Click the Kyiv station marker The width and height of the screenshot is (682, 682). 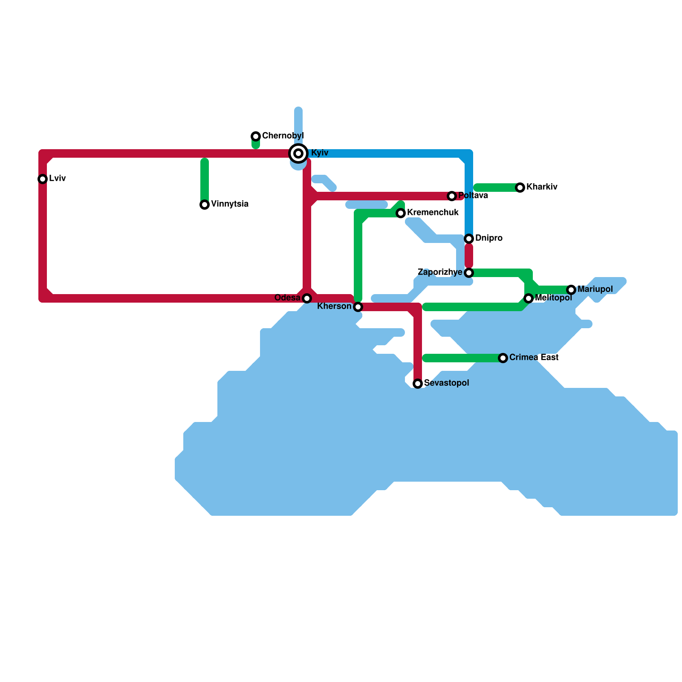tap(298, 153)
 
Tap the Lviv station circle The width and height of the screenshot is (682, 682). tap(43, 179)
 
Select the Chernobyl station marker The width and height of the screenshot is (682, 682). tap(256, 136)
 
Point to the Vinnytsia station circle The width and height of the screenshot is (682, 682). tap(205, 205)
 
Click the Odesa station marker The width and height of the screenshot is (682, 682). tap(307, 298)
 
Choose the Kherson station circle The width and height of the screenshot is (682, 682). tap(358, 307)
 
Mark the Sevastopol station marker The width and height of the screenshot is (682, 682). tap(418, 384)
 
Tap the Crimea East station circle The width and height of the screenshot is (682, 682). tap(503, 358)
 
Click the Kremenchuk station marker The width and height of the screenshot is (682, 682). tap(401, 213)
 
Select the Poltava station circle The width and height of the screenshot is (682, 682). tap(452, 196)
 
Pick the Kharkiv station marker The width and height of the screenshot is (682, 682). tap(520, 188)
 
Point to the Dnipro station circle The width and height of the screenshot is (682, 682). tap(469, 239)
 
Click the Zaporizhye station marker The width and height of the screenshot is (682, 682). tap(469, 273)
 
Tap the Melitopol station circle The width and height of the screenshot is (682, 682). tap(529, 298)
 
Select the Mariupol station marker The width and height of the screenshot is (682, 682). tap(571, 290)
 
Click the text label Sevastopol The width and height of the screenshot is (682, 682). tap(446, 383)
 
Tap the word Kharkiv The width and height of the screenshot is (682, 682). tap(542, 187)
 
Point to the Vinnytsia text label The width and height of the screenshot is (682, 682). tap(230, 204)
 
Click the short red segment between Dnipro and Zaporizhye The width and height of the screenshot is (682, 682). tap(469, 256)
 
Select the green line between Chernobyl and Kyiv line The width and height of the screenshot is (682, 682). tap(256, 145)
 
